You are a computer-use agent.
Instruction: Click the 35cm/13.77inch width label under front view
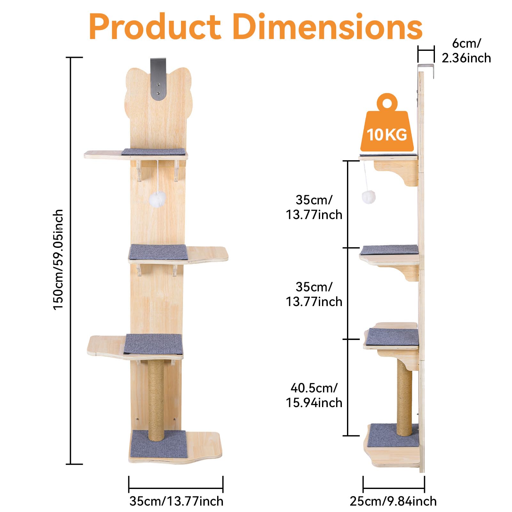pos(176,501)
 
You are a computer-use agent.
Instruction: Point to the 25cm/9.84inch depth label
pos(393,501)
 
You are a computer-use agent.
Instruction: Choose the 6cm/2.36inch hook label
pos(466,51)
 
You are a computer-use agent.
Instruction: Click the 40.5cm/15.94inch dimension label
pos(314,395)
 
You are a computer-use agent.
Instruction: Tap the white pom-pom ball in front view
pos(157,200)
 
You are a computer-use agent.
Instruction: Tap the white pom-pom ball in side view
pos(368,197)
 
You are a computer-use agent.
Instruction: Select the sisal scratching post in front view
pos(156,400)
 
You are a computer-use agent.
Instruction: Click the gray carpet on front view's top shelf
pos(154,152)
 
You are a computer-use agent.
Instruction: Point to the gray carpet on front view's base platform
pos(159,444)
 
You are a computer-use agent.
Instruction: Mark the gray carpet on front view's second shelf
pos(158,252)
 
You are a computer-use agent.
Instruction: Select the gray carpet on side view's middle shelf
pos(390,250)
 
